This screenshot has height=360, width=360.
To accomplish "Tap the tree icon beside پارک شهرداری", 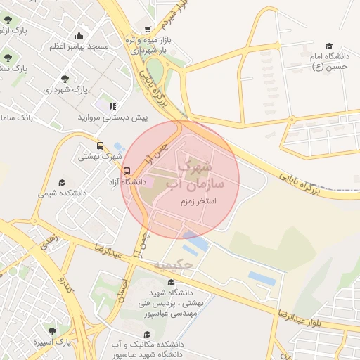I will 65,79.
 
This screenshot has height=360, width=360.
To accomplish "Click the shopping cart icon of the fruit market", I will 147,30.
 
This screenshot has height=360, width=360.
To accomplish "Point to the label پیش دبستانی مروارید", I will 112,117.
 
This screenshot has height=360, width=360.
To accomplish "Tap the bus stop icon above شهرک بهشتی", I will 100,146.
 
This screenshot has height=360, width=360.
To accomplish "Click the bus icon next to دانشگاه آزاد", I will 127,171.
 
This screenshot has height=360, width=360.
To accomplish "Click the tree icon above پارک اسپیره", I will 52,329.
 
